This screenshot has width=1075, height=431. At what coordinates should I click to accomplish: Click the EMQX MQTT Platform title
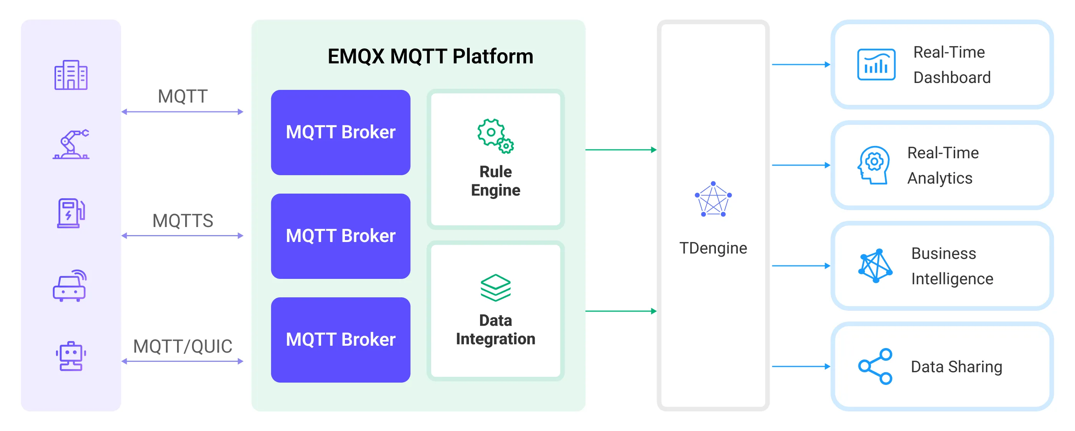430,56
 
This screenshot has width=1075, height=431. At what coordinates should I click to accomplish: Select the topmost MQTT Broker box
341,132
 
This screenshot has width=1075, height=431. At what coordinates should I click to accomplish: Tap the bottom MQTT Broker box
341,340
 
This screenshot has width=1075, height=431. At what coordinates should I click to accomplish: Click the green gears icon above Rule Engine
495,136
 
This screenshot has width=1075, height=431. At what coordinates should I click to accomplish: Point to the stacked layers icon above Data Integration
495,287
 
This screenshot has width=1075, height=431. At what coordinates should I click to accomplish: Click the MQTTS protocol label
183,221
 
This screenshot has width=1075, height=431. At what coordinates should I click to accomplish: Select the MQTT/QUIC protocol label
183,346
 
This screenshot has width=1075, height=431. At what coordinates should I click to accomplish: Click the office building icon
71,75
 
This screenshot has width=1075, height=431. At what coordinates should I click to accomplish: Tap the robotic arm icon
71,144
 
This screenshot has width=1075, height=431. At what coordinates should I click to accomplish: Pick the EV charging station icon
71,213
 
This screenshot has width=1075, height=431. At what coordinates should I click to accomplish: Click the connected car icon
70,286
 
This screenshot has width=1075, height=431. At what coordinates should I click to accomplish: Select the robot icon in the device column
71,356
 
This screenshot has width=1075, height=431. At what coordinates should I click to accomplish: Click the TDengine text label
713,248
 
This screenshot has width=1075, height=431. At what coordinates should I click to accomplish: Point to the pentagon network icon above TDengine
713,199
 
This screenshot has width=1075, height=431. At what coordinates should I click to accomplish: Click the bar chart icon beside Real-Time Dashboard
876,65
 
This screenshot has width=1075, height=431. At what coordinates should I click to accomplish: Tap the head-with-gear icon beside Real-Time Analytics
873,165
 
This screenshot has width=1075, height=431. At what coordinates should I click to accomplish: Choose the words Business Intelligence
951,266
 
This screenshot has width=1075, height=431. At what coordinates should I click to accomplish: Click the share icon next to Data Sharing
875,366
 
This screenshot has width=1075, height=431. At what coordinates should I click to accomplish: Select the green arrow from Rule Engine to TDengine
621,150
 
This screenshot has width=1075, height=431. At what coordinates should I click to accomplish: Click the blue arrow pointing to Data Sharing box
800,366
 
